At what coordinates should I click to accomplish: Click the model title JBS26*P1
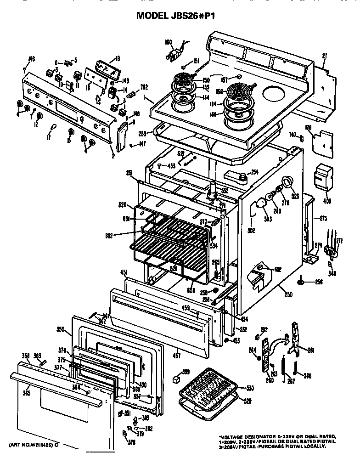[176, 16]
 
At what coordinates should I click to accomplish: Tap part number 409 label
[327, 200]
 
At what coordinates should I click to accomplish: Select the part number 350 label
[60, 329]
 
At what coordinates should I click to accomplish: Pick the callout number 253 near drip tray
[142, 134]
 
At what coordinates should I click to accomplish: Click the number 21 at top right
[324, 56]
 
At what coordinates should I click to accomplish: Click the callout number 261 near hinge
[311, 351]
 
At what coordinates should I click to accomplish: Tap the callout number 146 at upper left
[32, 58]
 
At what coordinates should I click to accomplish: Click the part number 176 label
[308, 129]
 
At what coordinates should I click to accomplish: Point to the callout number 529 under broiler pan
[247, 401]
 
